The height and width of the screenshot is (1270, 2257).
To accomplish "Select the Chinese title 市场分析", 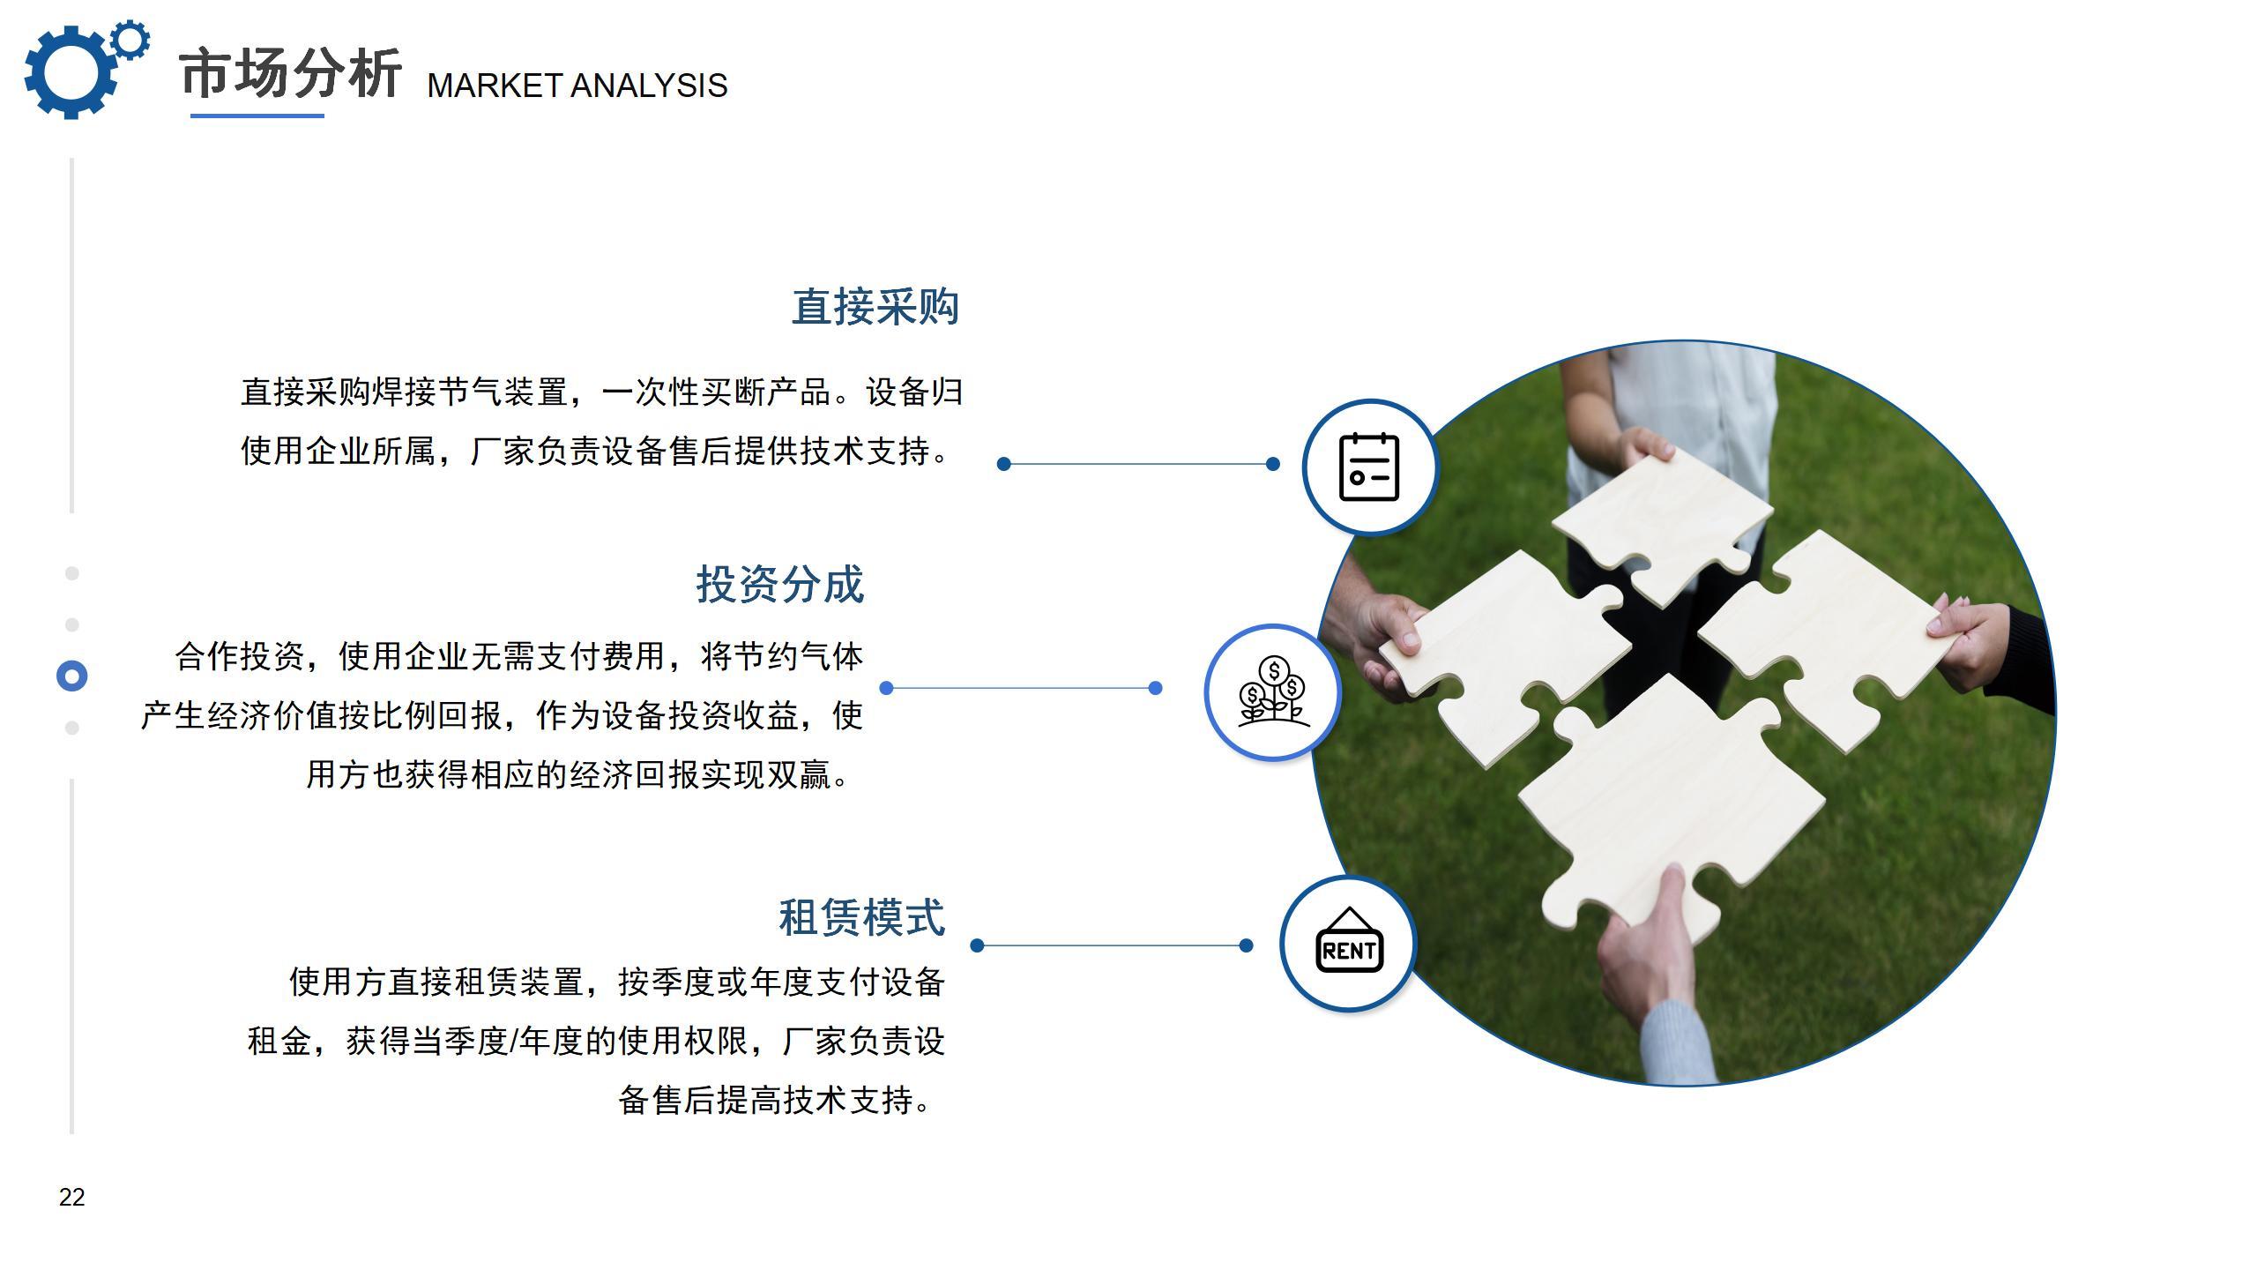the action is coord(291,73).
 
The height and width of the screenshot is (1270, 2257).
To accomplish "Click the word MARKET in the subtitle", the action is coord(495,86).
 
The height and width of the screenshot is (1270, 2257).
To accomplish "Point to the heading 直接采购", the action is coord(875,307).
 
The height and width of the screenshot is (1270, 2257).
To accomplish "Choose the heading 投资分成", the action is coord(780,585).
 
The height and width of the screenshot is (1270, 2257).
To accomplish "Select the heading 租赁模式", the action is coord(862,917).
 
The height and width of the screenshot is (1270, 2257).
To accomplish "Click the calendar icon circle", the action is coord(1369,467).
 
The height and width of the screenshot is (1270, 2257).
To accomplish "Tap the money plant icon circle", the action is coord(1272,692).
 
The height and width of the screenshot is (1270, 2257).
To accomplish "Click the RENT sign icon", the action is coord(1349,941).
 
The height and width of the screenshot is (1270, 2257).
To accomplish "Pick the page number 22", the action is coord(72,1197).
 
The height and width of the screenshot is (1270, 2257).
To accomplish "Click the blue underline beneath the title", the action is coord(257,116).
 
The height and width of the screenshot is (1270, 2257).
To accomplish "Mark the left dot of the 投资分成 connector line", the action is coord(887,688).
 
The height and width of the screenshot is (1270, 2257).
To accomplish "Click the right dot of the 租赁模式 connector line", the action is coord(1246,945).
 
